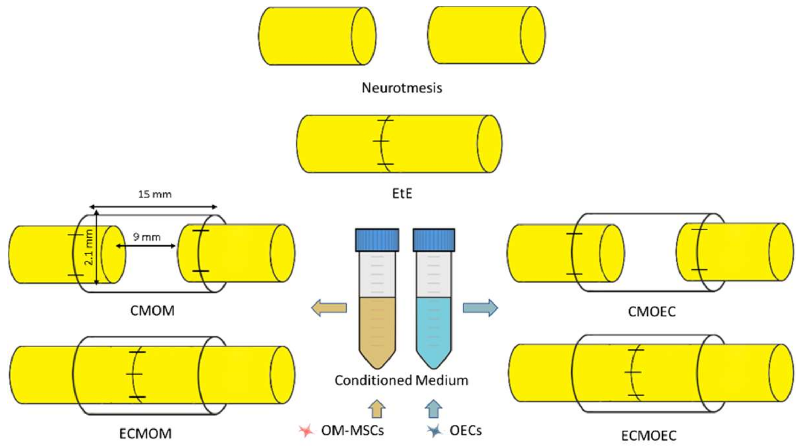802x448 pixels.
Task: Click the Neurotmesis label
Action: [402, 88]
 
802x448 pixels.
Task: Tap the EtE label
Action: [402, 194]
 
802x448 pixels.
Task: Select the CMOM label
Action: [152, 311]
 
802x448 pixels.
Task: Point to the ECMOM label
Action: [145, 434]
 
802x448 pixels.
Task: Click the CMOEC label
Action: [652, 312]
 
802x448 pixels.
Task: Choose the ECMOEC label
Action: [649, 435]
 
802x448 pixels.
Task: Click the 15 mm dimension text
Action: [155, 194]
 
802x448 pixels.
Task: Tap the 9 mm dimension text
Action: [147, 237]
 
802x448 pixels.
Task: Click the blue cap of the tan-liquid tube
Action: [377, 240]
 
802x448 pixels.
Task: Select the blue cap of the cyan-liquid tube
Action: [434, 240]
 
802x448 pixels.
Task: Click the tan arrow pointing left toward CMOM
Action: [329, 308]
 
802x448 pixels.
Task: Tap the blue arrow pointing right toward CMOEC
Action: [480, 308]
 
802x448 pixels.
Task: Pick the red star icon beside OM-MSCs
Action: [306, 431]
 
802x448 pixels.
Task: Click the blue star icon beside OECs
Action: [435, 431]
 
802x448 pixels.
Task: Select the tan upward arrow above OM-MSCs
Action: [377, 409]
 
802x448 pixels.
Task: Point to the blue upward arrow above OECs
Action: [434, 409]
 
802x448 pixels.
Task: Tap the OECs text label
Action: [465, 431]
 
